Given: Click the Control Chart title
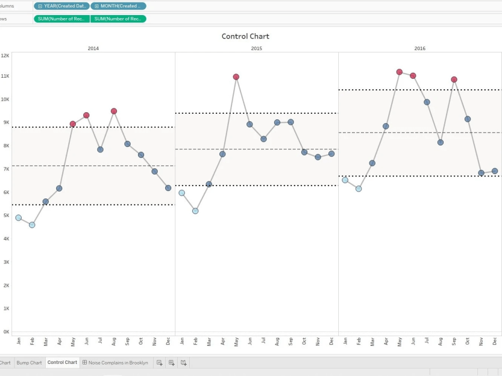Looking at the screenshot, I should click(245, 36).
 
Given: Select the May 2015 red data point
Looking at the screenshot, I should click(236, 77).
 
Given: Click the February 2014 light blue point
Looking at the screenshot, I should click(32, 225).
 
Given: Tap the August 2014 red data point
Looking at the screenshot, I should click(114, 111).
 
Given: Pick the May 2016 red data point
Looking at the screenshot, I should click(400, 72).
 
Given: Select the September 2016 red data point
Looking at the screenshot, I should click(454, 79).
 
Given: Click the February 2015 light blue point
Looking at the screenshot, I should click(195, 211).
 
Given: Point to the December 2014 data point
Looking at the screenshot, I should click(168, 188).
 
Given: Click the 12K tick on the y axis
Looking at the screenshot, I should click(5, 56).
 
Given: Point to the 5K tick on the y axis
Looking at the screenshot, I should click(5, 215).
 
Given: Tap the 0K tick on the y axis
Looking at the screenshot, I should click(5, 331).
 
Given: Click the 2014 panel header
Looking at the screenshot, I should click(93, 49).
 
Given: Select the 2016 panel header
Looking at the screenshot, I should click(420, 49).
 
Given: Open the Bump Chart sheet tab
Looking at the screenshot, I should click(29, 362).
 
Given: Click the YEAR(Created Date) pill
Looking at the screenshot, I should click(62, 6).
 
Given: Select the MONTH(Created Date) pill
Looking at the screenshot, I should click(118, 6).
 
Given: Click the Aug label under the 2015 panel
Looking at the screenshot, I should click(277, 341).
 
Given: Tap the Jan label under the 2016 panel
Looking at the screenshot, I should click(345, 341).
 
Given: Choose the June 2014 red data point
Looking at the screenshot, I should click(86, 115).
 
